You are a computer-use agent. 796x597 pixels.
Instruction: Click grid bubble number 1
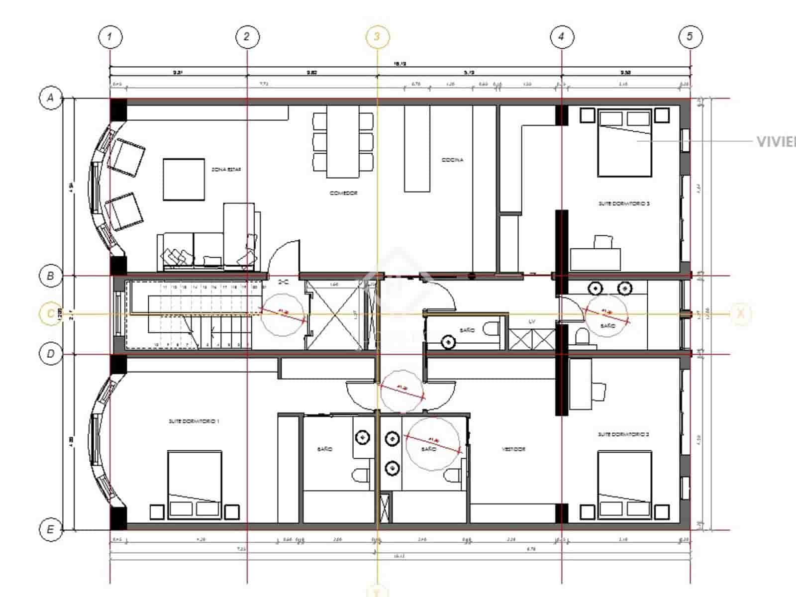[x=110, y=36]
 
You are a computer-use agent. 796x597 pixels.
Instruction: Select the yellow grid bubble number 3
[x=377, y=36]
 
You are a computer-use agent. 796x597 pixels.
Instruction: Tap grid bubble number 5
[x=690, y=36]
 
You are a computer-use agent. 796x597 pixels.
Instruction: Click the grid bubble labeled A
[x=50, y=98]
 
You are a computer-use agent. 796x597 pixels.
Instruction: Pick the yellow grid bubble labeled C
[x=50, y=314]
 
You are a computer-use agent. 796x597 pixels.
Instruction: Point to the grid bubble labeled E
[x=50, y=529]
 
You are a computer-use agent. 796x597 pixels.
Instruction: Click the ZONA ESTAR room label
[x=226, y=170]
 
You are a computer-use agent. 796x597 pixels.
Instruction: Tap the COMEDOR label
[x=343, y=193]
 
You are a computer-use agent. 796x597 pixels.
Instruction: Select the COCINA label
[x=452, y=160]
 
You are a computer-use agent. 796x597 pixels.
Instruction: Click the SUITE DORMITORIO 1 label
[x=194, y=421]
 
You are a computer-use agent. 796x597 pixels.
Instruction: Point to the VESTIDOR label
[x=513, y=449]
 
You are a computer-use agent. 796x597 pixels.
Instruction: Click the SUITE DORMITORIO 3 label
[x=624, y=203]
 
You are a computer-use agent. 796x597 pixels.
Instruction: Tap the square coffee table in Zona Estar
[x=184, y=179]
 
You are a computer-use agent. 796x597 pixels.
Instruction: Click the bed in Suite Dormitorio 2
[x=624, y=485]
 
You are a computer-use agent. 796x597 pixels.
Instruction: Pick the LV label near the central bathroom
[x=532, y=322]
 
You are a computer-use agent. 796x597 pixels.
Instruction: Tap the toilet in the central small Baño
[x=492, y=330]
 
